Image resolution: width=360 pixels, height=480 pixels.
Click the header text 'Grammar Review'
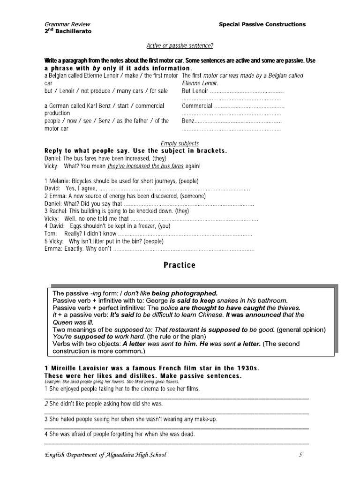click(67, 24)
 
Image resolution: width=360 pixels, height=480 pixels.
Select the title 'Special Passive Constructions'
click(262, 24)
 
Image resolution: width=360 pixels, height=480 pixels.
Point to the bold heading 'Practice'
click(180, 265)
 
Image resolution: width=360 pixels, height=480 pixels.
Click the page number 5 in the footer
click(300, 454)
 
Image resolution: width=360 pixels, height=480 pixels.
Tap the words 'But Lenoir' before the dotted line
click(195, 90)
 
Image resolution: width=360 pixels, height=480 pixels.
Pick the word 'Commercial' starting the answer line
click(196, 106)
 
